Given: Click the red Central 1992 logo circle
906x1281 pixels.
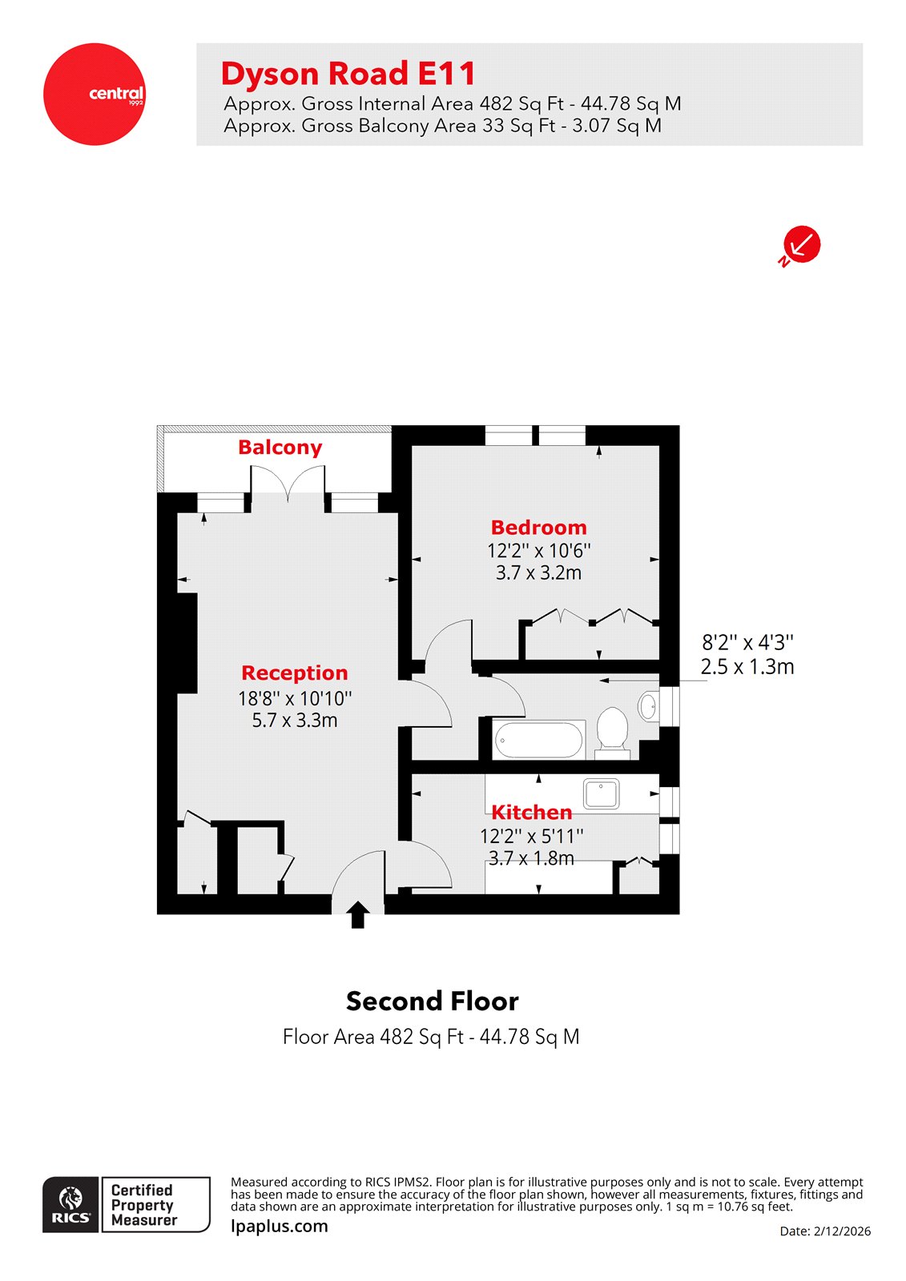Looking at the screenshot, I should click(95, 94).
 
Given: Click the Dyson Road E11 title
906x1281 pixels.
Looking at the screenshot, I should click(348, 74).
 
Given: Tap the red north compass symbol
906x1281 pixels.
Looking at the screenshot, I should click(802, 244).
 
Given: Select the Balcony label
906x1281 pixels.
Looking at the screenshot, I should click(280, 448).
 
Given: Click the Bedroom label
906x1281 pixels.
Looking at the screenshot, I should click(538, 528).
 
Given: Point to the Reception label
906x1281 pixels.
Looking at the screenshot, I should click(295, 673).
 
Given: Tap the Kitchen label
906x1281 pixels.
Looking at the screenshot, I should click(531, 812).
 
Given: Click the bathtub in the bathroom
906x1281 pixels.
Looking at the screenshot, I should click(538, 740).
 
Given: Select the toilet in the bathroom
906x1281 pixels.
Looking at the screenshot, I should click(613, 729).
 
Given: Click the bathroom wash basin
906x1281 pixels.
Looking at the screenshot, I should click(648, 706).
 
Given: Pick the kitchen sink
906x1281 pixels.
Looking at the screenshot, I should click(602, 793).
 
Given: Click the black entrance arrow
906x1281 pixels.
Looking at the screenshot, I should click(358, 914).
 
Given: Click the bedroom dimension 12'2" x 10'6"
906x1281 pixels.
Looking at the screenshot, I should click(538, 551).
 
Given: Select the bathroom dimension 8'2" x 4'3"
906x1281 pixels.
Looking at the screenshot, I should click(747, 642).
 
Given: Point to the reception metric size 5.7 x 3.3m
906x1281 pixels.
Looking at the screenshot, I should click(295, 721).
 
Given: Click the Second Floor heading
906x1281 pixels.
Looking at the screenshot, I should click(432, 1001).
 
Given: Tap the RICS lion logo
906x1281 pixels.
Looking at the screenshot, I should click(71, 1203).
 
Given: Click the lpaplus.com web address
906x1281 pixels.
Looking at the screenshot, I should click(280, 1226).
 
